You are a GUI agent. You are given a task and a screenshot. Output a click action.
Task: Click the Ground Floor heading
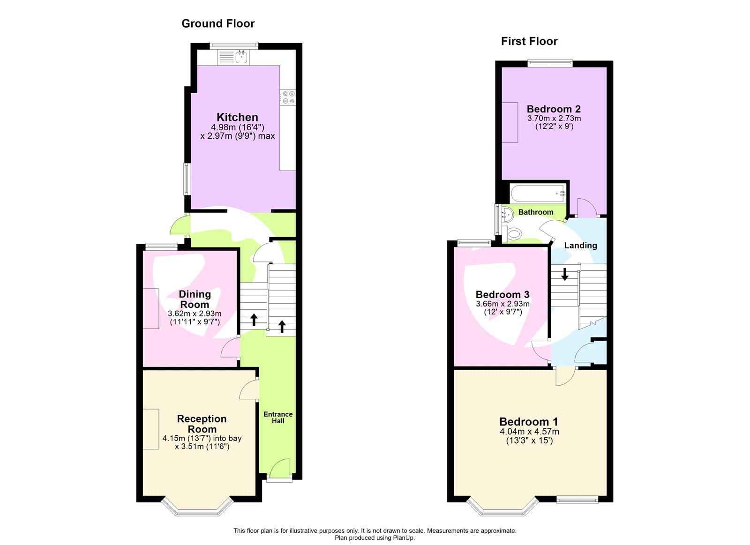218,23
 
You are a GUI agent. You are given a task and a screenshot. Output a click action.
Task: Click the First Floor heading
529,41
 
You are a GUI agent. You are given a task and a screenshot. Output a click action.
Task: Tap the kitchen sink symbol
241,57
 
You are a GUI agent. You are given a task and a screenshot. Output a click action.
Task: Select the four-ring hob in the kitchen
288,97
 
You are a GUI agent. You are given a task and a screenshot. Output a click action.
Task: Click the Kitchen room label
237,117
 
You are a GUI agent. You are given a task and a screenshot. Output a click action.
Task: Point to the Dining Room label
195,299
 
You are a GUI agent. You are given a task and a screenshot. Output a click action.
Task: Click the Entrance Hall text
278,417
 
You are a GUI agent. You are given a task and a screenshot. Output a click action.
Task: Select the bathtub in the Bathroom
538,193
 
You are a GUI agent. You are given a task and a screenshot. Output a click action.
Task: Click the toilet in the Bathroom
513,233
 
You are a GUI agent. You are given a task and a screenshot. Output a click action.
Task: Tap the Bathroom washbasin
508,215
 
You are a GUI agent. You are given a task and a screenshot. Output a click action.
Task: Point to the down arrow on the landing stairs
565,274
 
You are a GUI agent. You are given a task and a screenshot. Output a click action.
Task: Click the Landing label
580,245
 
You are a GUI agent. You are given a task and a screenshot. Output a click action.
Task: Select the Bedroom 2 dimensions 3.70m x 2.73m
554,119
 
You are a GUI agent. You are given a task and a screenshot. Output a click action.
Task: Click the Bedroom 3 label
502,294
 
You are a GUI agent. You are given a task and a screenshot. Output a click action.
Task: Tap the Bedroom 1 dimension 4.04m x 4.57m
529,432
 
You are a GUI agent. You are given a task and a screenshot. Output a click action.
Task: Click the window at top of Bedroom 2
550,63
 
